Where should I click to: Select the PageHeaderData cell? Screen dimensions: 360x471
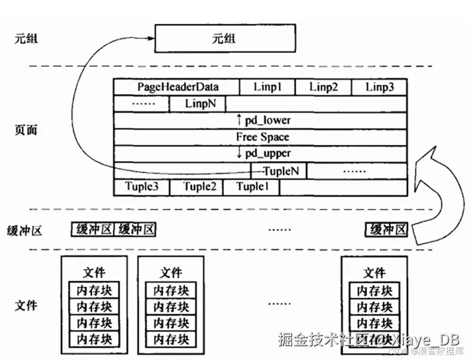tap(178, 88)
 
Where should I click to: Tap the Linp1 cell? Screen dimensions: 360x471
tap(268, 88)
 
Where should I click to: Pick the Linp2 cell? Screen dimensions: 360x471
tap(323, 88)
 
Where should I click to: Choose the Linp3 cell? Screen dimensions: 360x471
tap(380, 88)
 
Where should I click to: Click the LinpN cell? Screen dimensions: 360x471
tap(197, 104)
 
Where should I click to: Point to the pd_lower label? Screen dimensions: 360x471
tap(263, 121)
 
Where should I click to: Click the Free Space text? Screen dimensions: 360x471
tap(263, 137)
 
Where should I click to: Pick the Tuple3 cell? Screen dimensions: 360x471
tap(142, 187)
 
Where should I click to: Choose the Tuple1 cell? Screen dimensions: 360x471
tap(252, 187)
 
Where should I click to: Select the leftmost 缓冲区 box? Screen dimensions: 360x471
tap(93, 229)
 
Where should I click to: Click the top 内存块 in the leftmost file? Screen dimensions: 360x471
tap(95, 290)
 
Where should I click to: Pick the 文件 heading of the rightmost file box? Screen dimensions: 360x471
tap(374, 272)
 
